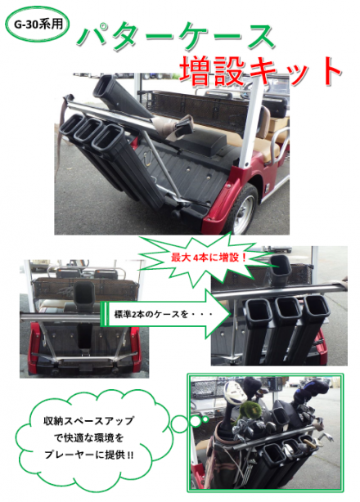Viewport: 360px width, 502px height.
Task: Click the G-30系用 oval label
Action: pos(37,25)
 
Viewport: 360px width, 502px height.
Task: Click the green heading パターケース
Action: pos(176,37)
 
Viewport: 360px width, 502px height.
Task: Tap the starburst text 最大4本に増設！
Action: pos(209,258)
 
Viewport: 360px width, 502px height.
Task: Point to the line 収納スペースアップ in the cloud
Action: pos(88,421)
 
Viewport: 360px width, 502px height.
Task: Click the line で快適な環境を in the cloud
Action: pos(88,437)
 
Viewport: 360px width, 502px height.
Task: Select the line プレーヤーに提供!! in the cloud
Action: pos(88,455)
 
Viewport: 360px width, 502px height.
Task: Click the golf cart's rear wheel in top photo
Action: pos(242,209)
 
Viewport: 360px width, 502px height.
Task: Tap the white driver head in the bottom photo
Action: pos(235,392)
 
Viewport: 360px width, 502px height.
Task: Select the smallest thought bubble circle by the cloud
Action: pos(205,419)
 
